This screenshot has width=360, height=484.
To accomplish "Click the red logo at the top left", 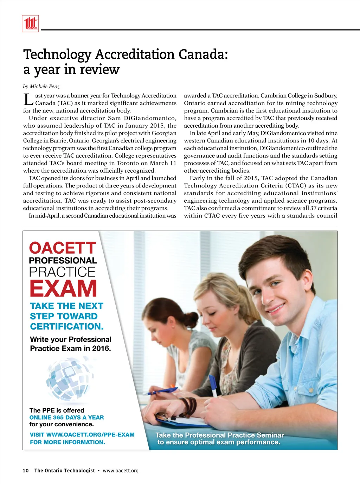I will pos(30,24).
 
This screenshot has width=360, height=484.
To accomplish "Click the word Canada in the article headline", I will pos(203,55).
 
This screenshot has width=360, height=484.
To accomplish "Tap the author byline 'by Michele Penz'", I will pos(41,87).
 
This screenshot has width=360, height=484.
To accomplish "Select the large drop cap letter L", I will pos(28,100).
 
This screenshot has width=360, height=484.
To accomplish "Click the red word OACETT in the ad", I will pos(62,248).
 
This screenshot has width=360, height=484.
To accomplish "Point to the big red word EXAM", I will pos(63,289).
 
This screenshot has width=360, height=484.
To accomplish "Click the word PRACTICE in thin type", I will pos(62,272).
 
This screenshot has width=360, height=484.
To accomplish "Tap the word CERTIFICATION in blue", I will pos(67,326).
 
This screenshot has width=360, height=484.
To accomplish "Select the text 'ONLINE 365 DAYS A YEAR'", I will pos(66,418).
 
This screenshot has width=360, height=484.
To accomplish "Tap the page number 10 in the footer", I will pos(26,471).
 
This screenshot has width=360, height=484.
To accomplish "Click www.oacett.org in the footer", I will pos(121,471).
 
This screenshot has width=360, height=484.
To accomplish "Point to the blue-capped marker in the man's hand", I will pos(213,385).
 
